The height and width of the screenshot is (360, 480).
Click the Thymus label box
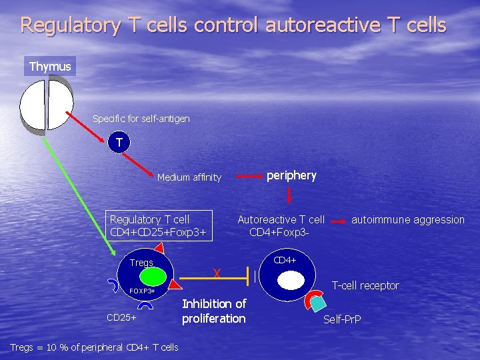pos(50,67)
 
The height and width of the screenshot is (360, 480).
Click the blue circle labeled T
pos(119,142)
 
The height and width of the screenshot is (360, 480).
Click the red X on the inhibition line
pos(216,273)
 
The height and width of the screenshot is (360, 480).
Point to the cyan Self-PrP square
pos(319,303)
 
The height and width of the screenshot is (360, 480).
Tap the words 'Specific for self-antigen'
pos(141,119)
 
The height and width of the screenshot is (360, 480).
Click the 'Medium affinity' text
pos(189,177)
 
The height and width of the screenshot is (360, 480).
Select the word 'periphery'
pos(291,175)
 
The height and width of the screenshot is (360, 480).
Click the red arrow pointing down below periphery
pos(289,195)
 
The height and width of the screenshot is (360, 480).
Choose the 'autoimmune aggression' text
pos(407,219)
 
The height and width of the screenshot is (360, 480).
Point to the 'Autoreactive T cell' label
pos(281,219)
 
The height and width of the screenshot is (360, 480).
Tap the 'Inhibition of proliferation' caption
pos(214,311)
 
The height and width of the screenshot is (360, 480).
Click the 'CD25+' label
pos(121,317)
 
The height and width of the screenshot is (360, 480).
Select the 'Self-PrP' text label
pos(342,319)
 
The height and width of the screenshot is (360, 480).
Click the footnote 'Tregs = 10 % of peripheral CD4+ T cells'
pos(94,347)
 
